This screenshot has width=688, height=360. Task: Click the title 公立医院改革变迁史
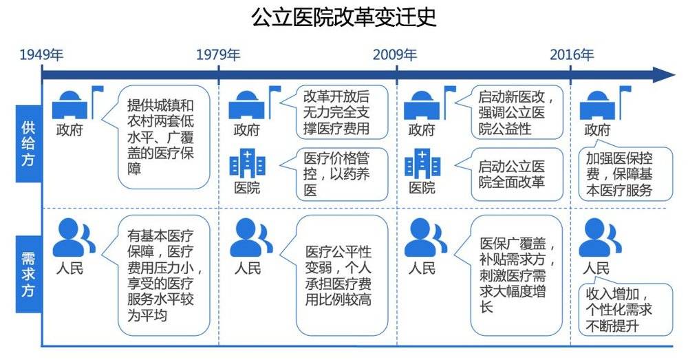344,17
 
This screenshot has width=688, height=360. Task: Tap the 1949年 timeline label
42,55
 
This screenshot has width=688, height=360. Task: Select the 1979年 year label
218,55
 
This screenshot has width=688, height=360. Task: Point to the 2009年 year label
395,55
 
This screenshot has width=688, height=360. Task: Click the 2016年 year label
572,55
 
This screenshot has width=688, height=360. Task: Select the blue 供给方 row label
28,142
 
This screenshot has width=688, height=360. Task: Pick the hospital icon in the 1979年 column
248,165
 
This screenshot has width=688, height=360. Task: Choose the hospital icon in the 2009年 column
422,165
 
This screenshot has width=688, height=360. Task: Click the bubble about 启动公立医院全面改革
515,173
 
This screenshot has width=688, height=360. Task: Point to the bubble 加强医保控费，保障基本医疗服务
623,174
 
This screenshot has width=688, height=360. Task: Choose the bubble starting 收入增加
623,309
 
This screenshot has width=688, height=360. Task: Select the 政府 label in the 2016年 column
596,130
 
